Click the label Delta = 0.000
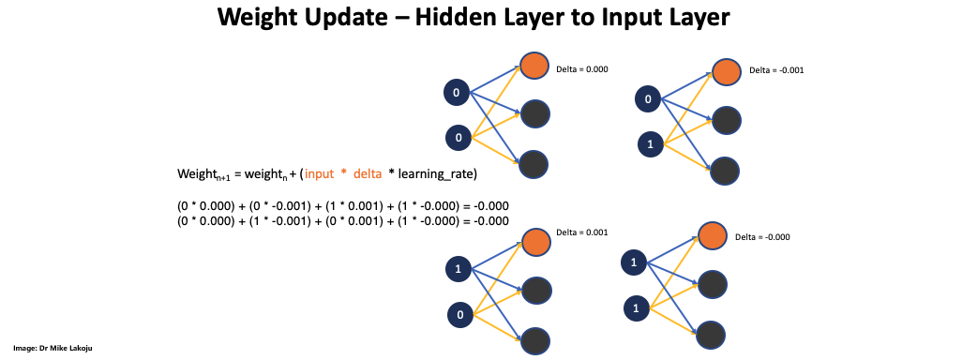(x=581, y=69)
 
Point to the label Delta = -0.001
(x=776, y=70)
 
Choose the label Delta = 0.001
(x=581, y=232)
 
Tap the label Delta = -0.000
(x=762, y=237)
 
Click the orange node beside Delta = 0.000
(x=535, y=65)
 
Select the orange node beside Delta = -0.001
(x=726, y=71)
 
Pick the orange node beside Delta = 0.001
(x=535, y=240)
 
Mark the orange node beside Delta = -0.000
(x=713, y=233)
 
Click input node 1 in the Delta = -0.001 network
(x=651, y=144)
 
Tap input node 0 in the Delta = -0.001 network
(x=648, y=98)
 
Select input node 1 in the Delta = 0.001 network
(x=457, y=269)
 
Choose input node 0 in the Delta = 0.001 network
(x=459, y=315)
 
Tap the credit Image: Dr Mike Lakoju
(x=53, y=349)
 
